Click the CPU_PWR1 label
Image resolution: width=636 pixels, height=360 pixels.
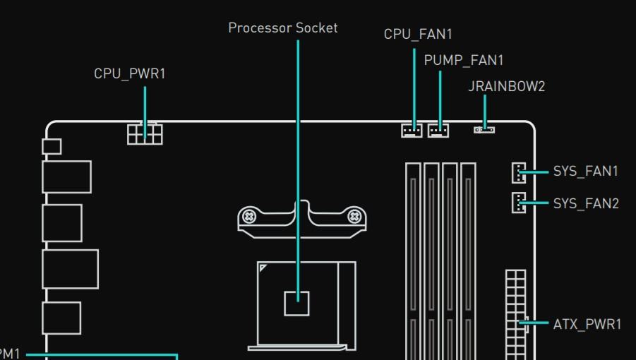[x=130, y=73]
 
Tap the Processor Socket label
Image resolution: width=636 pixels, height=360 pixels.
[x=283, y=28]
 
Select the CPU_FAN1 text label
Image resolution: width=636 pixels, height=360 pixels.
[x=418, y=34]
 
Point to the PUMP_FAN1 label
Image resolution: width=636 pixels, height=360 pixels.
[x=464, y=61]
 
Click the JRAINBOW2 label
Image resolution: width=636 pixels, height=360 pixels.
[x=507, y=87]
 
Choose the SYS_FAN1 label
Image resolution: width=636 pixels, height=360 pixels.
[x=585, y=172]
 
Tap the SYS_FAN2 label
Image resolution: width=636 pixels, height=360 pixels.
[x=585, y=204]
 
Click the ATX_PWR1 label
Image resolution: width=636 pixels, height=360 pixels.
[x=587, y=324]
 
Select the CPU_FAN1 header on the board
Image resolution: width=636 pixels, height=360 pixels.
[x=412, y=130]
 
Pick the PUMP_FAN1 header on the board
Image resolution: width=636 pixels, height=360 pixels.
[x=438, y=130]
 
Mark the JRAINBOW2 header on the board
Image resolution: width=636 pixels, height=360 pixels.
[x=484, y=130]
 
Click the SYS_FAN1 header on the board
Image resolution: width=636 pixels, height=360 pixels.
[x=519, y=172]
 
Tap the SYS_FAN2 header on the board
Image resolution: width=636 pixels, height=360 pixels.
[x=519, y=203]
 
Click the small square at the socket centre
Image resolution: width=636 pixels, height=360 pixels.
[x=296, y=303]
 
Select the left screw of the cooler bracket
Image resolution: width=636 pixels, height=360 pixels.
[x=248, y=217]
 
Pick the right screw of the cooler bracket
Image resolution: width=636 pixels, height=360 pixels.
[x=355, y=216]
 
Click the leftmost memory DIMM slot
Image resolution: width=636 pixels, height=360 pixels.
[x=413, y=261]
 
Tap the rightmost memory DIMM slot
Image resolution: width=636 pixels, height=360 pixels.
[x=468, y=261]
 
